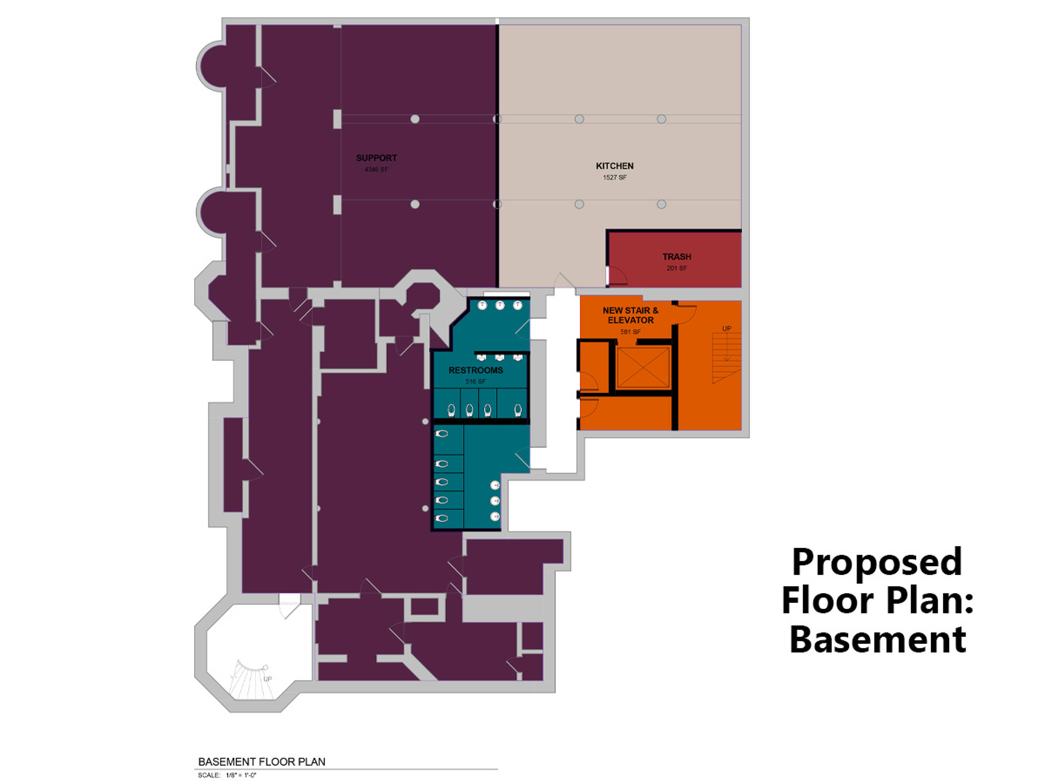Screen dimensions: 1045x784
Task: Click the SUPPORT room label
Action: [x=377, y=158]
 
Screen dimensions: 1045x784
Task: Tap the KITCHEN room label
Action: [x=615, y=166]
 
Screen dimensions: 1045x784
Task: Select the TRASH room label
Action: [x=677, y=257]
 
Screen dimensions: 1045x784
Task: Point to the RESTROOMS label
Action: [x=476, y=370]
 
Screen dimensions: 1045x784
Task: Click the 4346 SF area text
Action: [x=376, y=169]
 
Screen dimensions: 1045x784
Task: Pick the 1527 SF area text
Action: [x=615, y=177]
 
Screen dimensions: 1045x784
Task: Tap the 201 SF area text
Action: [x=677, y=268]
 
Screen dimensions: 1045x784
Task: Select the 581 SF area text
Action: [x=630, y=332]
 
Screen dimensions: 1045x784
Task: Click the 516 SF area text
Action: [x=475, y=381]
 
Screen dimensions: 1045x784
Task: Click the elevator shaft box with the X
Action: [x=643, y=368]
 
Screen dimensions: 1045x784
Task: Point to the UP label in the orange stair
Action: [x=726, y=328]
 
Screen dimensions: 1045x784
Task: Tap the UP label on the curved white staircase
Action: [x=267, y=679]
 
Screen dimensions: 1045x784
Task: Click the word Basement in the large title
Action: [x=878, y=639]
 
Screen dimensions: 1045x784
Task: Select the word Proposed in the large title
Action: [x=877, y=563]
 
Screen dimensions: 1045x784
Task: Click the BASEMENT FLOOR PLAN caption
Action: [x=262, y=762]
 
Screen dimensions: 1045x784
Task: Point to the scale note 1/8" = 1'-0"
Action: [x=241, y=775]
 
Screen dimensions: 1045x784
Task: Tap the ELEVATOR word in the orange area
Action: [x=631, y=320]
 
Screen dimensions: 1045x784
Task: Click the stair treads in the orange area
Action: [x=726, y=358]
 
